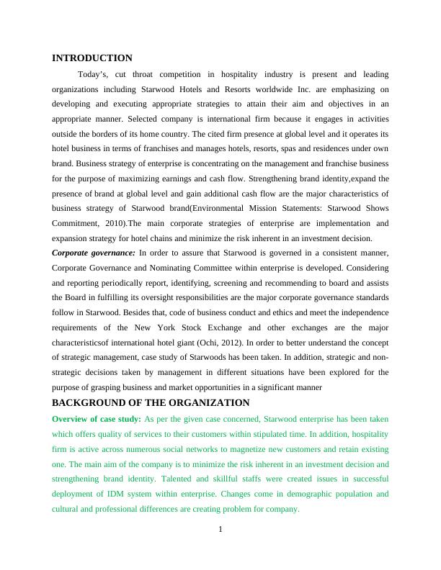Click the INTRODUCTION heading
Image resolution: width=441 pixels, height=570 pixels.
pos(92,58)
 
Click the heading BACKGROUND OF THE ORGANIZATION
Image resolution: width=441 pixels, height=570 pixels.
pos(151,403)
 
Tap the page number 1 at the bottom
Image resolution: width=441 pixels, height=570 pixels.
pos(220,531)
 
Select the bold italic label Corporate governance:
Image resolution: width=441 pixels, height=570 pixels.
pos(94,253)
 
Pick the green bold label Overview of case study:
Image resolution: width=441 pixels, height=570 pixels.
pos(96,418)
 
